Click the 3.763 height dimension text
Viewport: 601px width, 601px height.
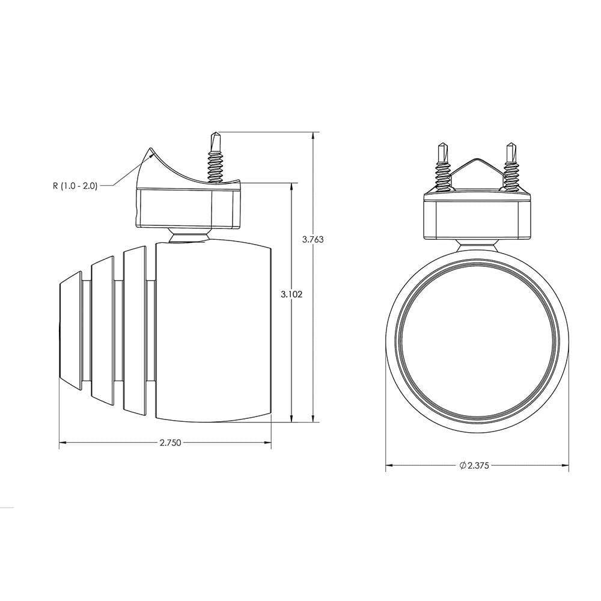point(313,239)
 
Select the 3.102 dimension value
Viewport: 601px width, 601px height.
point(291,294)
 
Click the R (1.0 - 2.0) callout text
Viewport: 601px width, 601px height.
point(74,186)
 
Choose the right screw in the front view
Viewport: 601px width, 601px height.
point(511,168)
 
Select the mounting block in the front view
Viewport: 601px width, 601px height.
point(477,216)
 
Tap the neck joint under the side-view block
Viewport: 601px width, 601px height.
point(189,236)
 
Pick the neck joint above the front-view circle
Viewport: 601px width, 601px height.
point(477,245)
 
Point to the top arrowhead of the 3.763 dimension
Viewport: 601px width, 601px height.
point(313,135)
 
